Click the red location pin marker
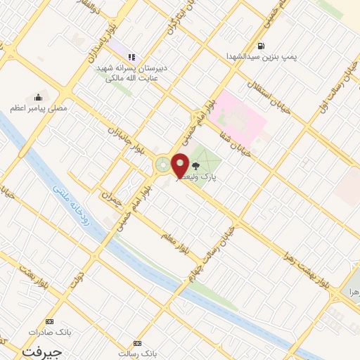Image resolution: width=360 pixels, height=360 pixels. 180,165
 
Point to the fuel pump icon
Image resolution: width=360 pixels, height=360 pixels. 261,46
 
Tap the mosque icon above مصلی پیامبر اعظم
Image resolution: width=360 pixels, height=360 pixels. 37,97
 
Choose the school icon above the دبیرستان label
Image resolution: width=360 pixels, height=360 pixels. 131,57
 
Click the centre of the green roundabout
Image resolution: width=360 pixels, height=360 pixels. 163,166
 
